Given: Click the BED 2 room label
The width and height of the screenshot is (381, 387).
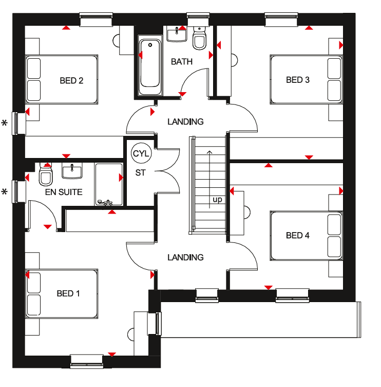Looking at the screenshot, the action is [x=71, y=81].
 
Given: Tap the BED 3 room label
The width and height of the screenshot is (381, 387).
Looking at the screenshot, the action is [x=297, y=80].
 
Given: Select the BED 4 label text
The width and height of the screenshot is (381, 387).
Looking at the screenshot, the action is [x=297, y=236].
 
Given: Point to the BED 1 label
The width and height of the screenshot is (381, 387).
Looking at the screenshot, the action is [x=68, y=293].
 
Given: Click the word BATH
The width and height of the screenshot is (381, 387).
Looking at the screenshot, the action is [x=182, y=62].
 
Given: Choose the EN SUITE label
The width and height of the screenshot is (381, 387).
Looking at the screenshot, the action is [x=64, y=192].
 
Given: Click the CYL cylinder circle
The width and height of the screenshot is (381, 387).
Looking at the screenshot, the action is [x=141, y=153].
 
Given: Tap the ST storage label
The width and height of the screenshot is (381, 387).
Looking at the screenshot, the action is [x=140, y=173].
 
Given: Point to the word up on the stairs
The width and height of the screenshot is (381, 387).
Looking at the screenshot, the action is [x=218, y=200].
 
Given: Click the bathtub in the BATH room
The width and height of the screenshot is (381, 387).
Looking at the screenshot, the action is [x=150, y=66].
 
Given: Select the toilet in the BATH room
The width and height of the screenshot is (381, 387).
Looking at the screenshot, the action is [x=199, y=38].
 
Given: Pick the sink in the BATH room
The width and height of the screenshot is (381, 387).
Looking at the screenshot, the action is [x=177, y=34].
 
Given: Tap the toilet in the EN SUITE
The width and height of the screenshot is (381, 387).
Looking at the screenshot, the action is [x=46, y=174].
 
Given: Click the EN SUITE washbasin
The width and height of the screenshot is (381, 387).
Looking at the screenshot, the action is [x=72, y=170].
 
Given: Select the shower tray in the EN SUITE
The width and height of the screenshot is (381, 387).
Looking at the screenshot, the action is [x=109, y=184].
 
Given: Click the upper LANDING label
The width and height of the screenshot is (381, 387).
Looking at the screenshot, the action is [x=185, y=121].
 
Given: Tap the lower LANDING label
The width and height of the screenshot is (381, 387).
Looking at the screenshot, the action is [x=185, y=257].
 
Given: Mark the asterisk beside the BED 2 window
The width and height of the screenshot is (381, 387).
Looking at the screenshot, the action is [x=5, y=123].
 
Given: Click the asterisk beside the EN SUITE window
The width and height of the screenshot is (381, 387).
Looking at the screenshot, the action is [x=5, y=192].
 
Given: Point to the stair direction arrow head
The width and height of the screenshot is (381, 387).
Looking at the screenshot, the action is [x=209, y=152].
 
